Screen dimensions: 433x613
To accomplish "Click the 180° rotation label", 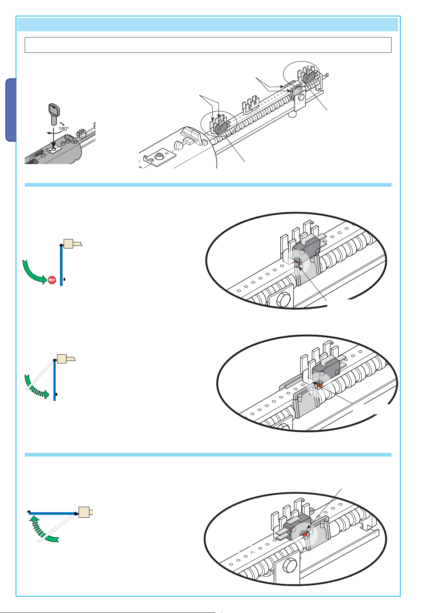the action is tap(64, 129).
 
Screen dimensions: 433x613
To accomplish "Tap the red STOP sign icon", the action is tap(52, 280).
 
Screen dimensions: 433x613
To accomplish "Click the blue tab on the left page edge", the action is tap(11, 110).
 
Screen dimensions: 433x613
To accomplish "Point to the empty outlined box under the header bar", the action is tap(208, 45).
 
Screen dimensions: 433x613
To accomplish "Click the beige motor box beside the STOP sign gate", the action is tap(68, 243).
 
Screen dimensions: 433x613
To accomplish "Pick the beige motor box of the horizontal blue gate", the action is tap(84, 512).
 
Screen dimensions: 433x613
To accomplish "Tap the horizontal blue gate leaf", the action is tap(52, 513).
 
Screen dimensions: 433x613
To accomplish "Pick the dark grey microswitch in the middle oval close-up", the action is tap(326, 370).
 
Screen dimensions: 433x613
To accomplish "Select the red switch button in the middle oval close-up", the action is tap(320, 385).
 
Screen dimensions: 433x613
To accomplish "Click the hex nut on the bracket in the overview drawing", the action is tap(301, 97).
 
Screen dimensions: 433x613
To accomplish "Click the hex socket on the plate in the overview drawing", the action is tap(159, 156).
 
